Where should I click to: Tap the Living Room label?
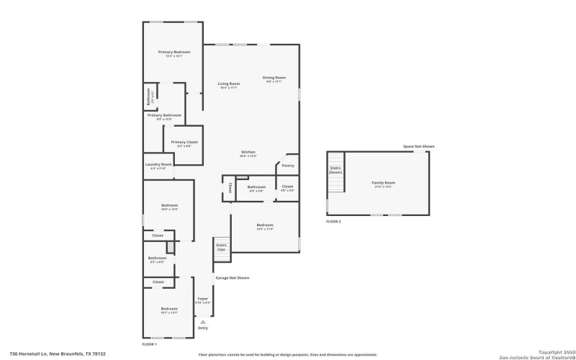coord(229,84)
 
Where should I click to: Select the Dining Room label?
coord(274,78)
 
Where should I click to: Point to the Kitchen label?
coord(248,152)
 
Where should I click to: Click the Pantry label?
coord(288,166)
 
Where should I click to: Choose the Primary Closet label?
coord(184,142)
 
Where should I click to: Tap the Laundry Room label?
coord(158,164)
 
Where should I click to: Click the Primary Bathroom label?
coord(164,115)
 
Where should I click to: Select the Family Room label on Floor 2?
coord(383,182)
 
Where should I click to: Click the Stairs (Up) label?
coord(221,247)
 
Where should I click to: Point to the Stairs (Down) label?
coord(336,171)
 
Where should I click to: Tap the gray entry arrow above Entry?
coord(202,321)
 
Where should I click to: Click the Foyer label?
coord(202,298)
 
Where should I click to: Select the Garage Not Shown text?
coord(233,277)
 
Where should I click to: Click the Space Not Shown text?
coord(419,146)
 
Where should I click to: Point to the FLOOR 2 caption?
coord(333,221)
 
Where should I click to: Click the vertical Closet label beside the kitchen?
coord(230,188)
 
